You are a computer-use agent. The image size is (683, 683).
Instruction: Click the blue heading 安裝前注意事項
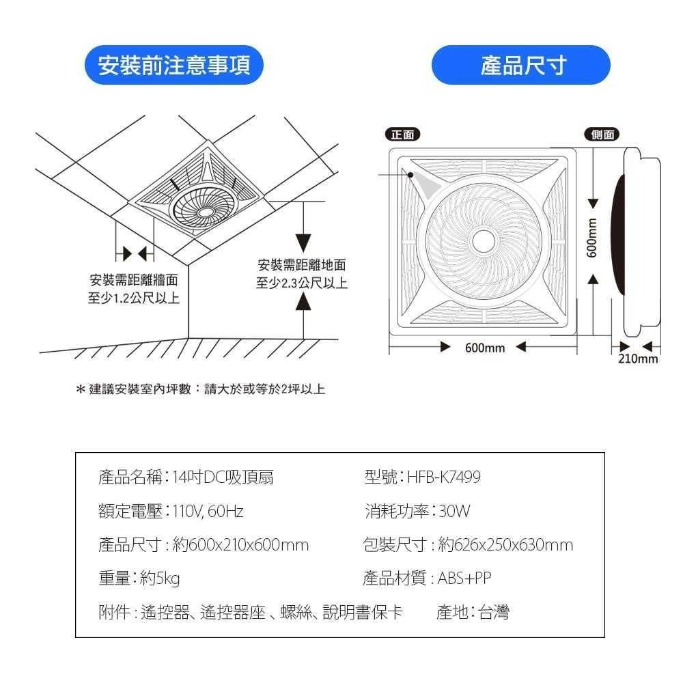tap(173, 66)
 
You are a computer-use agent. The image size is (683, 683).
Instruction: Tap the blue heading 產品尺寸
tap(521, 66)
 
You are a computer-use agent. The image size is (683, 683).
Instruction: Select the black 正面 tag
tap(402, 135)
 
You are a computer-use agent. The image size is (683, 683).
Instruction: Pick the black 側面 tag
tap(602, 135)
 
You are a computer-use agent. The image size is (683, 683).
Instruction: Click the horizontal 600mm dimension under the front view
tap(484, 348)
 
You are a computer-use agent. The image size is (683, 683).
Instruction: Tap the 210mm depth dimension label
tap(638, 359)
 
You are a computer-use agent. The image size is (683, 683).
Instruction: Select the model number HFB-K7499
tap(444, 477)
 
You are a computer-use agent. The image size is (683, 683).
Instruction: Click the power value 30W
tap(454, 511)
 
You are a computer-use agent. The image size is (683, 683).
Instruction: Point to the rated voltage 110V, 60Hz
tap(208, 511)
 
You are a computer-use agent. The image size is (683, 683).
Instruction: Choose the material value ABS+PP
tap(464, 579)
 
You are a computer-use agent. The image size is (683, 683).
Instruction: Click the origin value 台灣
tap(493, 613)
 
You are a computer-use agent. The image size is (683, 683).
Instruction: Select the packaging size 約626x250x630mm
tap(505, 545)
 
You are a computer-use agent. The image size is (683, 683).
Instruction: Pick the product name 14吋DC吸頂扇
tap(223, 477)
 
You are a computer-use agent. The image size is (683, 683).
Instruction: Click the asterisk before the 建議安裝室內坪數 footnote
tap(81, 390)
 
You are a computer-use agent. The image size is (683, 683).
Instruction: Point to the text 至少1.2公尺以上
tap(134, 298)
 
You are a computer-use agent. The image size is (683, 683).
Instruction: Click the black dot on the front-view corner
tap(410, 174)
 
